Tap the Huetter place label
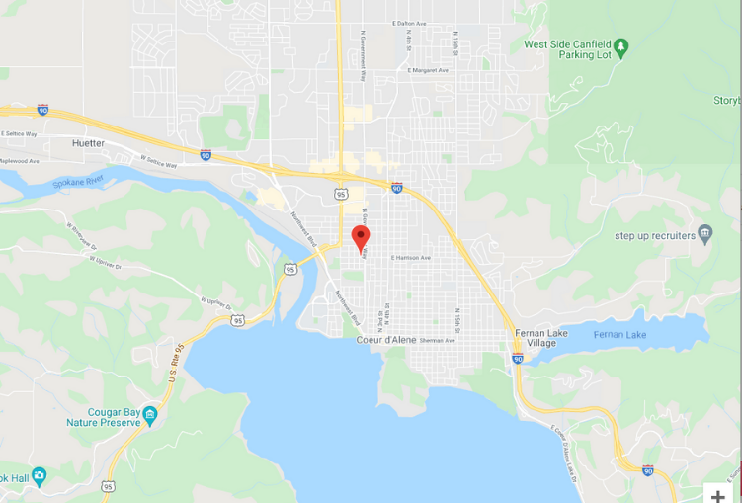88,143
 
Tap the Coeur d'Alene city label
385,341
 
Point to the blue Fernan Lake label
619,335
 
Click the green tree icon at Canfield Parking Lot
620,45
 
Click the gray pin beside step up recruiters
704,234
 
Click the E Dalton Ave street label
409,23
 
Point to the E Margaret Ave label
428,70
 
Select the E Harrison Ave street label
411,258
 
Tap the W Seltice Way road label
158,161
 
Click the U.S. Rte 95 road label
177,365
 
